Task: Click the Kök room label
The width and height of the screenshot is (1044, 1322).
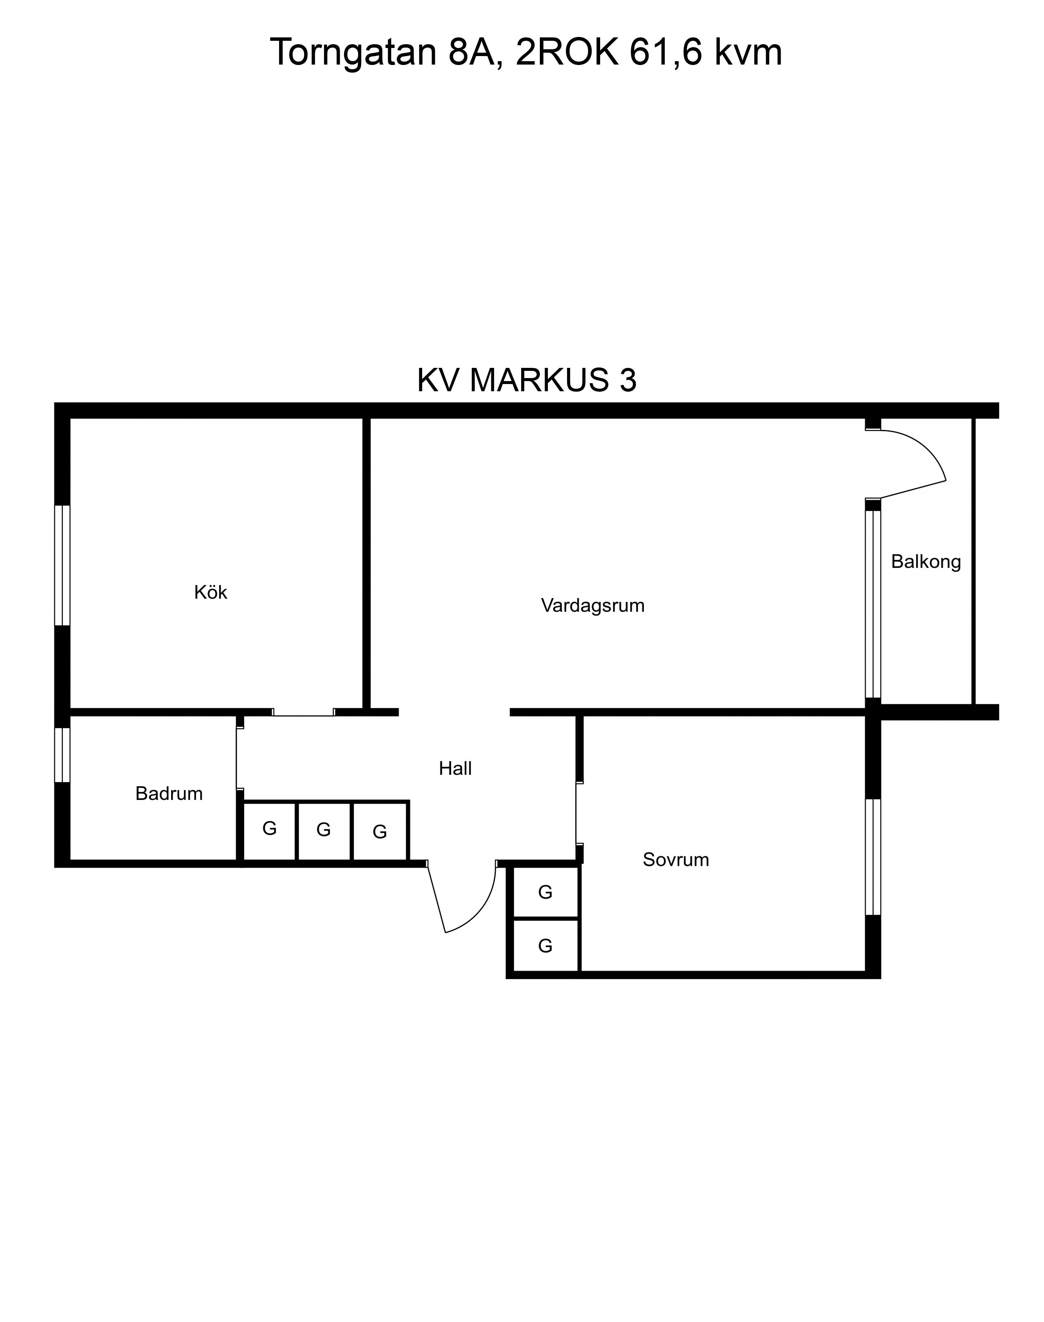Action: tap(210, 592)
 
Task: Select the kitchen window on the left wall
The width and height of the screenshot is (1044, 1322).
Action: tap(62, 565)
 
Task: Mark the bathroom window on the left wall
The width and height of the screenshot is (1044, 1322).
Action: tap(62, 755)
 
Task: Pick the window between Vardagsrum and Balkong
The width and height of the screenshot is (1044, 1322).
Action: tap(873, 604)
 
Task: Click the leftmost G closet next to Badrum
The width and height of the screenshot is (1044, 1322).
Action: tap(270, 830)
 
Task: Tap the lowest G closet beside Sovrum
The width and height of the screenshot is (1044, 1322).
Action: tap(545, 946)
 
